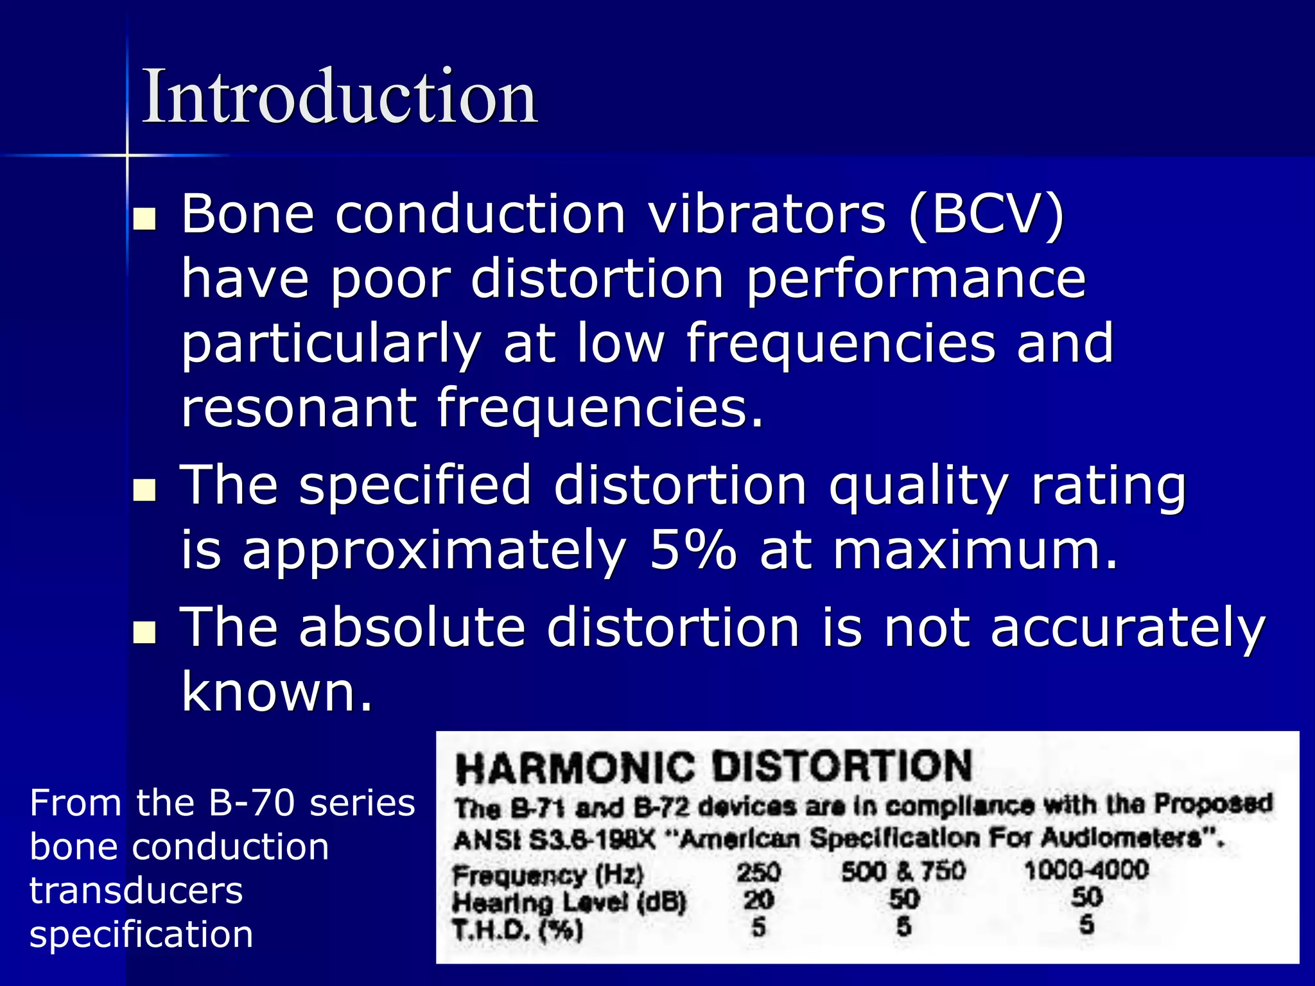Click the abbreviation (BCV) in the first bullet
click(x=986, y=216)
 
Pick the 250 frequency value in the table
click(x=758, y=872)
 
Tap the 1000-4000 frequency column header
click(x=1086, y=870)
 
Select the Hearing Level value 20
click(x=758, y=900)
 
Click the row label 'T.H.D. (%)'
click(x=518, y=930)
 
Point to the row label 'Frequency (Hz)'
click(x=548, y=875)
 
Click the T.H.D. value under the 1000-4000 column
click(x=1086, y=925)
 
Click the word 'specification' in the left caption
click(x=141, y=935)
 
